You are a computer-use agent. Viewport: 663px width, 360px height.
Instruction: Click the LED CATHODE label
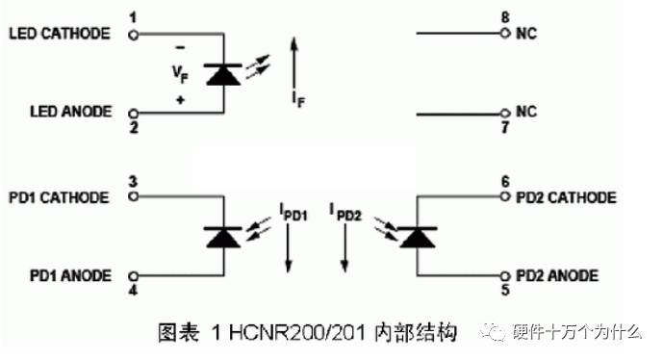pyautogui.click(x=59, y=34)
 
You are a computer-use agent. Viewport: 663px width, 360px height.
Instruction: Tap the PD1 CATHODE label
pyautogui.click(x=59, y=197)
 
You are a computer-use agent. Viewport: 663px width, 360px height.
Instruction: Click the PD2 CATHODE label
pyautogui.click(x=566, y=197)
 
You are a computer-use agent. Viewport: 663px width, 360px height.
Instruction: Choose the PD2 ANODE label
pyautogui.click(x=558, y=275)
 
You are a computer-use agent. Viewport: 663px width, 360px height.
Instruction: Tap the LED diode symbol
pyautogui.click(x=223, y=73)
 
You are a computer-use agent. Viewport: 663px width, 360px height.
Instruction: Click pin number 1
pyautogui.click(x=132, y=17)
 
